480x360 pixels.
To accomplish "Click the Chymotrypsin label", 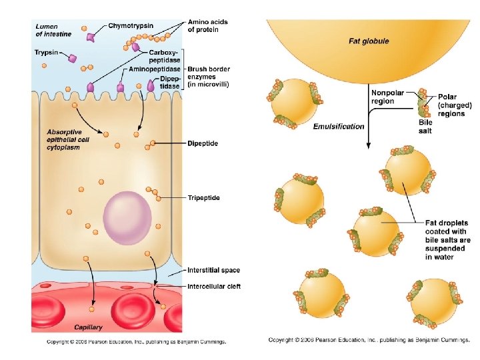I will (132, 26).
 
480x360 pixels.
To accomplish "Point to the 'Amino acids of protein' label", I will (207, 26).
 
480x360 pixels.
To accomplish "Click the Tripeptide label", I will (203, 198).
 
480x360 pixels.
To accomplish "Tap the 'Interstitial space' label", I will (213, 270).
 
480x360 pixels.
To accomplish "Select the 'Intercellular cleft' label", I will (213, 287).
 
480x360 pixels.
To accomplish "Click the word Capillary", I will (88, 328).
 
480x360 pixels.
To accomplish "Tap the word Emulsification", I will (339, 126).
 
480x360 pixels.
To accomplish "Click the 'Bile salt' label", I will (425, 127).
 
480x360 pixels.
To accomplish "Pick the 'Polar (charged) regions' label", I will (455, 105).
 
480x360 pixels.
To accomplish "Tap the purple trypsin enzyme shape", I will (73, 59).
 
